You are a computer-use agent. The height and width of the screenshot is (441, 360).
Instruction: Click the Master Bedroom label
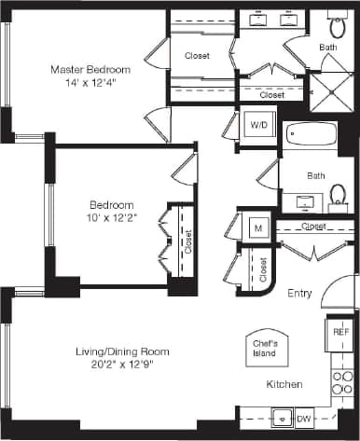pos(90,70)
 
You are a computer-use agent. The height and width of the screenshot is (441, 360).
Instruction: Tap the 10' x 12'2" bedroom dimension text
pos(112,219)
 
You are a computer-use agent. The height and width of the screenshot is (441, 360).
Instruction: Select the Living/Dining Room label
pos(122,351)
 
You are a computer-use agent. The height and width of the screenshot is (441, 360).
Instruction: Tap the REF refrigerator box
pos(340,330)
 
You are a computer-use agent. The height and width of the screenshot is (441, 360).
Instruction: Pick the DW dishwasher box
pos(303,419)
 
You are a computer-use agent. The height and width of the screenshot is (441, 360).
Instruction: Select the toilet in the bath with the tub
pos(338,195)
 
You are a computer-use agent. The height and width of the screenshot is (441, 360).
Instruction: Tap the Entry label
pos(298,293)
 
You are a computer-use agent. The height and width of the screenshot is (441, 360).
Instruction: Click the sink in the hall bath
pos(304,200)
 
